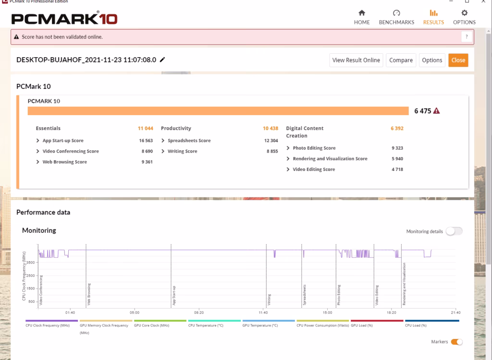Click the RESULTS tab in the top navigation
point(433,17)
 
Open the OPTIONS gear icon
point(464,13)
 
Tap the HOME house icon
point(362,13)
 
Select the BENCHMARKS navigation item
point(396,17)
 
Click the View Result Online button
point(356,60)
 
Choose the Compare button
point(401,60)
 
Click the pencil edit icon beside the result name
point(162,60)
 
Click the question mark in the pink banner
point(467,36)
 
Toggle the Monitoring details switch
point(454,231)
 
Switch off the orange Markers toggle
point(456,342)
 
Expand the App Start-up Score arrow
point(37,141)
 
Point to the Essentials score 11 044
point(145,128)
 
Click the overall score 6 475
point(423,111)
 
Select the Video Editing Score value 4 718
point(397,169)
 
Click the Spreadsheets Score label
point(189,141)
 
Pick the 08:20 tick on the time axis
point(199,312)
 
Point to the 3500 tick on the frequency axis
point(30,263)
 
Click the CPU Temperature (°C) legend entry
point(206,325)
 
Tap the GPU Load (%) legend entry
point(362,325)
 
